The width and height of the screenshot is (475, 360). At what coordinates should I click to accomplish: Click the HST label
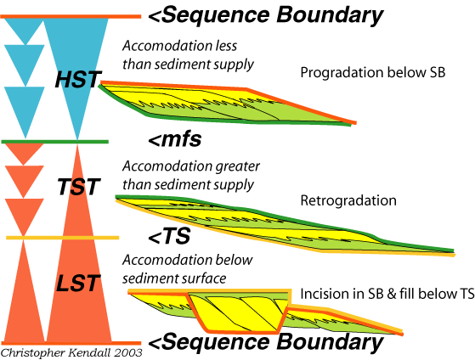[78, 79]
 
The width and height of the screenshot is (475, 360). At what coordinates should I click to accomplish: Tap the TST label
[79, 186]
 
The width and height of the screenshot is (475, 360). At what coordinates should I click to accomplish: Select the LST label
[78, 283]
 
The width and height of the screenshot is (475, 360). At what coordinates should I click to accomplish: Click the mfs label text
[175, 139]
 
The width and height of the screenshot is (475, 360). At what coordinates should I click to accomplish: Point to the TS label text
[169, 236]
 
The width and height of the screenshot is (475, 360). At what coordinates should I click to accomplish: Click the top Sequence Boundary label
[266, 15]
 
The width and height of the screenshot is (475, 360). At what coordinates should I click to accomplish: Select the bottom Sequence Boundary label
[266, 342]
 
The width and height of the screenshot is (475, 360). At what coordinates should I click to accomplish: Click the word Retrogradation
[348, 200]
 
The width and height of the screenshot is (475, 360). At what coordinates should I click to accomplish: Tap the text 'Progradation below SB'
[373, 73]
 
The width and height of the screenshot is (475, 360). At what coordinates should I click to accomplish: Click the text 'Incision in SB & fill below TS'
[387, 294]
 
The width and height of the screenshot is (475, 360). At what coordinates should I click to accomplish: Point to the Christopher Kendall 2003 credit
[71, 353]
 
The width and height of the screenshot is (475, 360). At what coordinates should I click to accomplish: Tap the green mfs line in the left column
[55, 142]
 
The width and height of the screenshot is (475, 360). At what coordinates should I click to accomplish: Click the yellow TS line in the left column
[62, 238]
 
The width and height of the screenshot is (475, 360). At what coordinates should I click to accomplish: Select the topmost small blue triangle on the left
[25, 29]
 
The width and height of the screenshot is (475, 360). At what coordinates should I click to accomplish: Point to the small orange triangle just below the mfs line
[25, 153]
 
